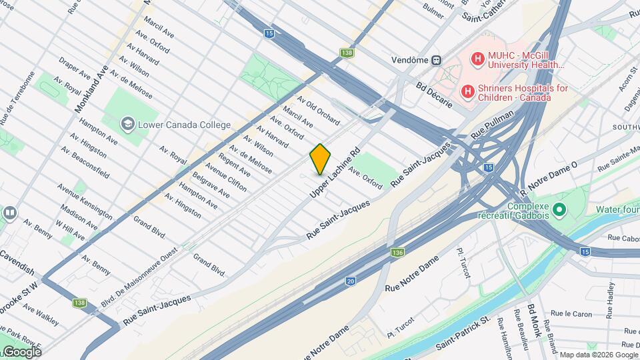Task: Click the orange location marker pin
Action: [321, 159]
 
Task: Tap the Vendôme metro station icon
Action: [436, 59]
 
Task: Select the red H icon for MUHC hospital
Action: [477, 59]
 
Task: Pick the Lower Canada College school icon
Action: [127, 124]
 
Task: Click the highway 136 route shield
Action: [397, 253]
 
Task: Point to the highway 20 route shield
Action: [350, 281]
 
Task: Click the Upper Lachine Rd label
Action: [335, 172]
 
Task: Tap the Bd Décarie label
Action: [434, 97]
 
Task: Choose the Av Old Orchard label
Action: [319, 111]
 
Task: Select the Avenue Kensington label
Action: [84, 201]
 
